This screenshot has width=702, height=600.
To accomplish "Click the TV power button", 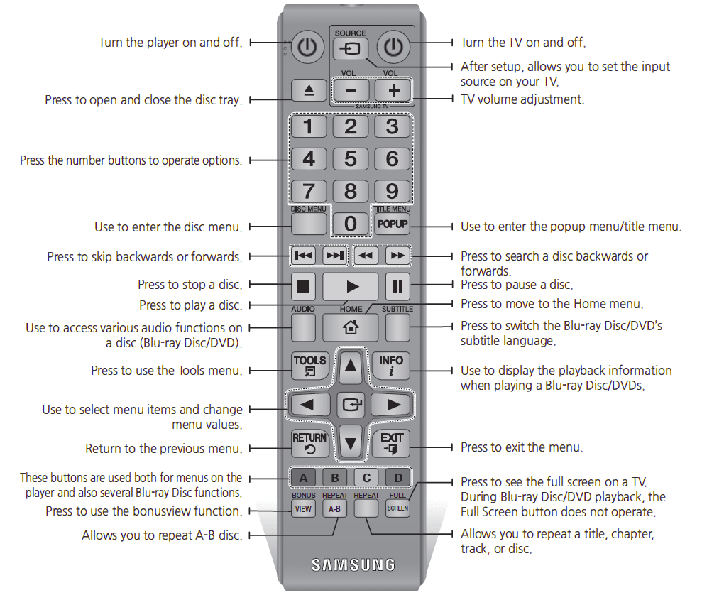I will pyautogui.click(x=393, y=48).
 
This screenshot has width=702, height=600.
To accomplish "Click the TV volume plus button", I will pyautogui.click(x=393, y=90).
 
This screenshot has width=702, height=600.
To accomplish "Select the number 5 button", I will pyautogui.click(x=351, y=158).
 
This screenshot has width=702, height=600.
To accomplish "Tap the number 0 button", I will pyautogui.click(x=351, y=223).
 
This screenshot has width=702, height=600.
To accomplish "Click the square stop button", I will pyautogui.click(x=304, y=287).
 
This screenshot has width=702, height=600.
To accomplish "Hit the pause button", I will pyautogui.click(x=397, y=287).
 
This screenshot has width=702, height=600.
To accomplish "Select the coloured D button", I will pyautogui.click(x=398, y=477).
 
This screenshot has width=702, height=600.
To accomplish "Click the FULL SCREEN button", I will pyautogui.click(x=397, y=508).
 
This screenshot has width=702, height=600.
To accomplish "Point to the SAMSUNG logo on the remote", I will pyautogui.click(x=353, y=565).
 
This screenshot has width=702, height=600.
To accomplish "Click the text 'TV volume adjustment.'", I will pyautogui.click(x=523, y=99).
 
